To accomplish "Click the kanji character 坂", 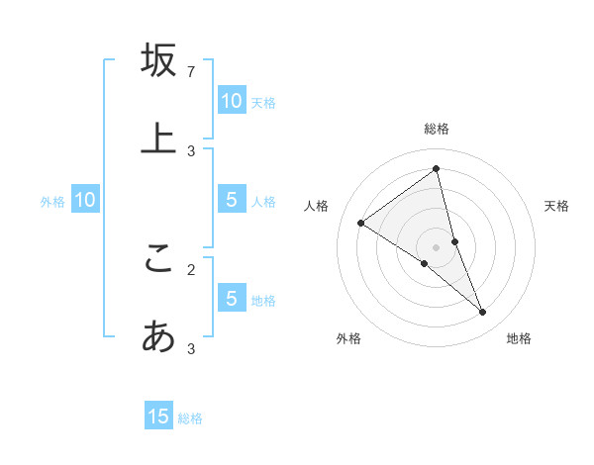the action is (x=158, y=60).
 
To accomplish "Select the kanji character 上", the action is (x=158, y=138).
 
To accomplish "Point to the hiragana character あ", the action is (x=158, y=337).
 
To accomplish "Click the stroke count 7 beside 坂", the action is (x=191, y=72).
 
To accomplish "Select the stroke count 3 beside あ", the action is (x=191, y=348).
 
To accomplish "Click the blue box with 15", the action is (x=158, y=417).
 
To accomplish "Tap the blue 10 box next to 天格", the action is (x=231, y=100).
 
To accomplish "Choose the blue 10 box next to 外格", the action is (x=85, y=200).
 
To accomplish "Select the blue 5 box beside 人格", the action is (x=231, y=200).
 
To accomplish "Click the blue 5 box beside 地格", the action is (x=231, y=298).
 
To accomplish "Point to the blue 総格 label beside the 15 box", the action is (x=190, y=418).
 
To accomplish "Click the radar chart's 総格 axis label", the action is (x=437, y=129).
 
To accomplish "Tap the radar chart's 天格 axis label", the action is (x=557, y=206).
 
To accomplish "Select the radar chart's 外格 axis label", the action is (x=348, y=338).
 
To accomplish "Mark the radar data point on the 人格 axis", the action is (x=360, y=223).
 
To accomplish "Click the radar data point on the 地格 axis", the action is (x=483, y=313).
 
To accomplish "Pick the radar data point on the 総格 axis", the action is (x=437, y=169).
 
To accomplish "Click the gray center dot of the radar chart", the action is (x=437, y=246).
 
